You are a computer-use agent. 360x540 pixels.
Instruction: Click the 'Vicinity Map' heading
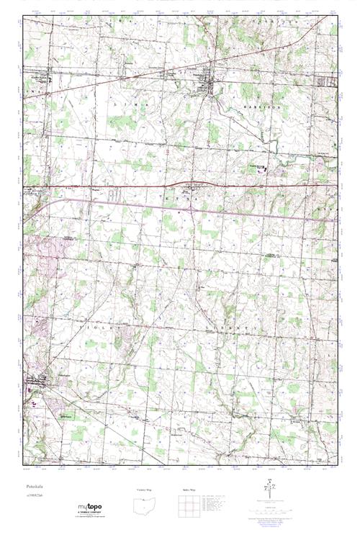145,490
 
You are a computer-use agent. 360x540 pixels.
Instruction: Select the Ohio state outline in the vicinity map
145,505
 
